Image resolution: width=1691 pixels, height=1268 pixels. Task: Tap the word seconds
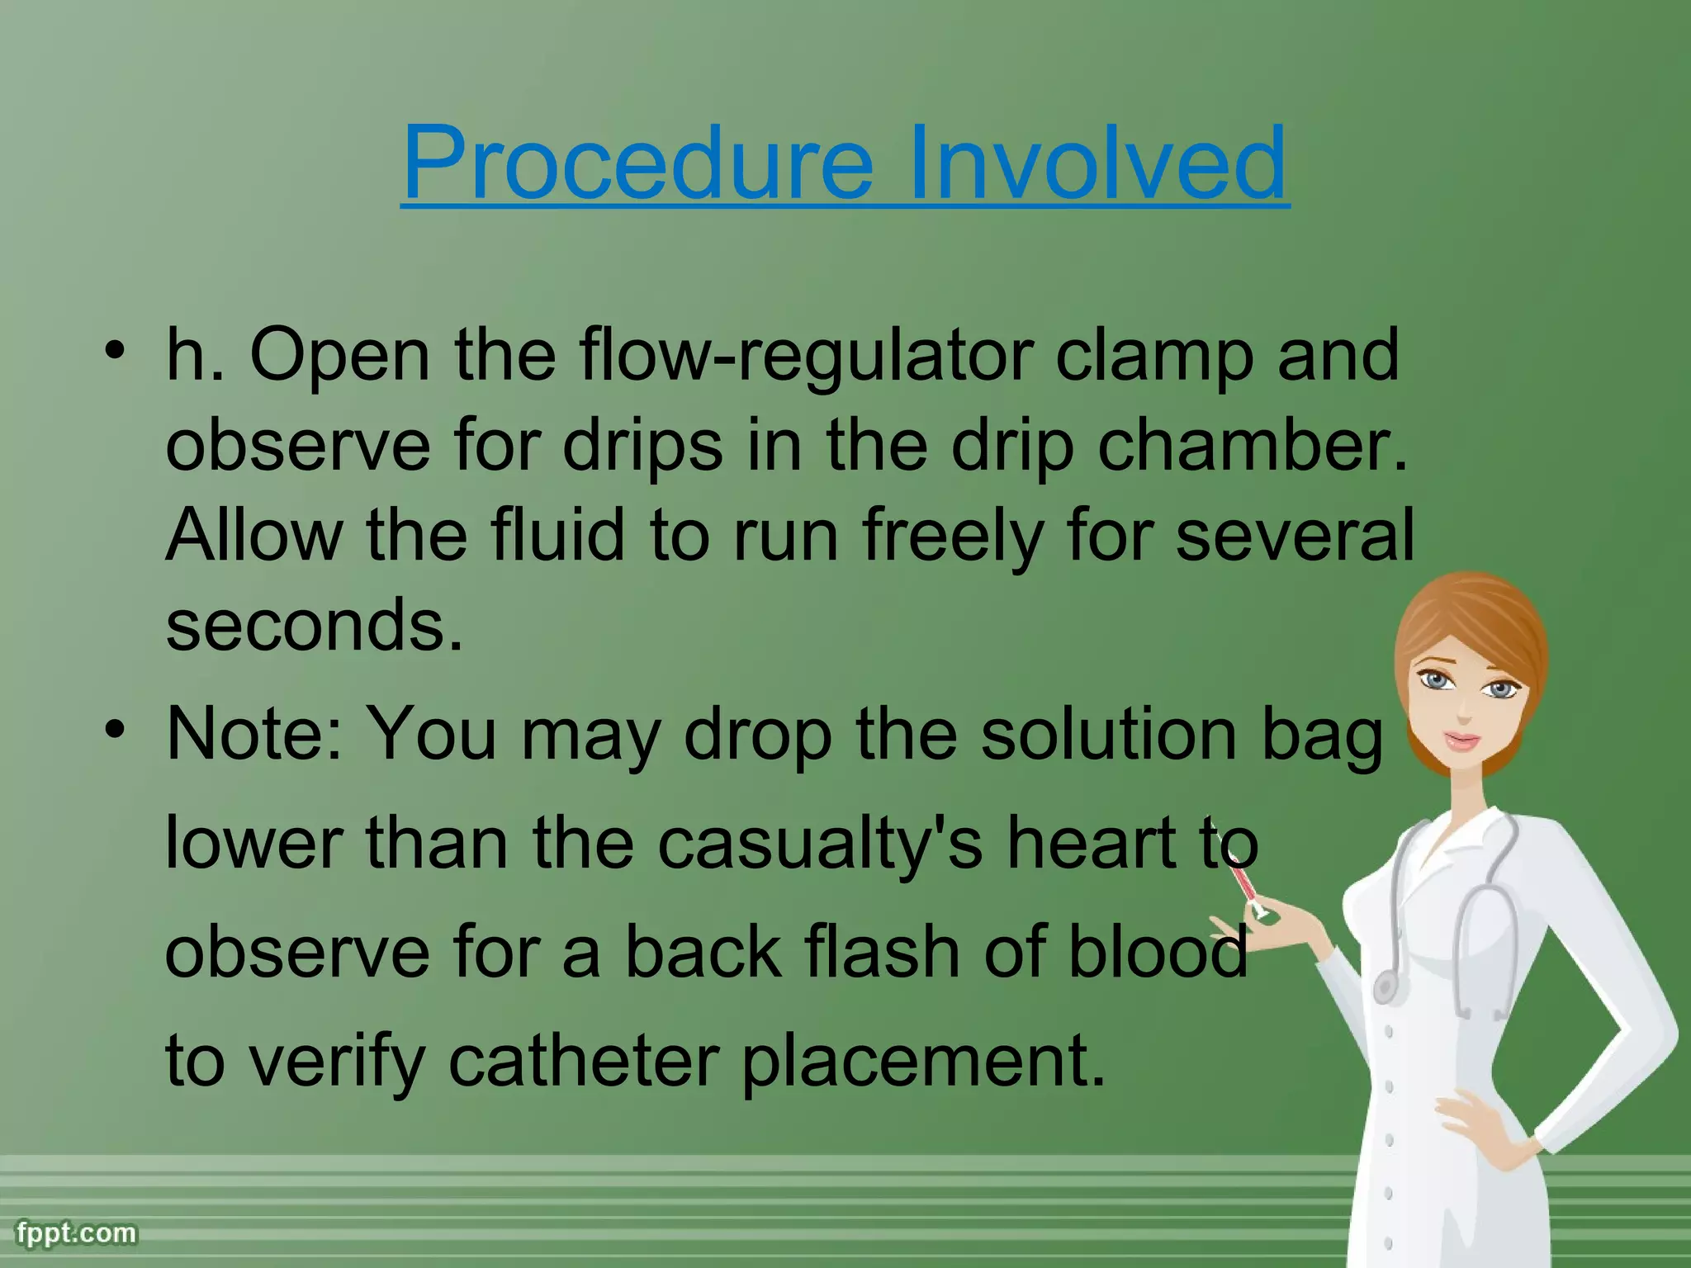click(x=314, y=625)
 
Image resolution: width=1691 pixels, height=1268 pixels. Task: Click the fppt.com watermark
click(x=76, y=1233)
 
